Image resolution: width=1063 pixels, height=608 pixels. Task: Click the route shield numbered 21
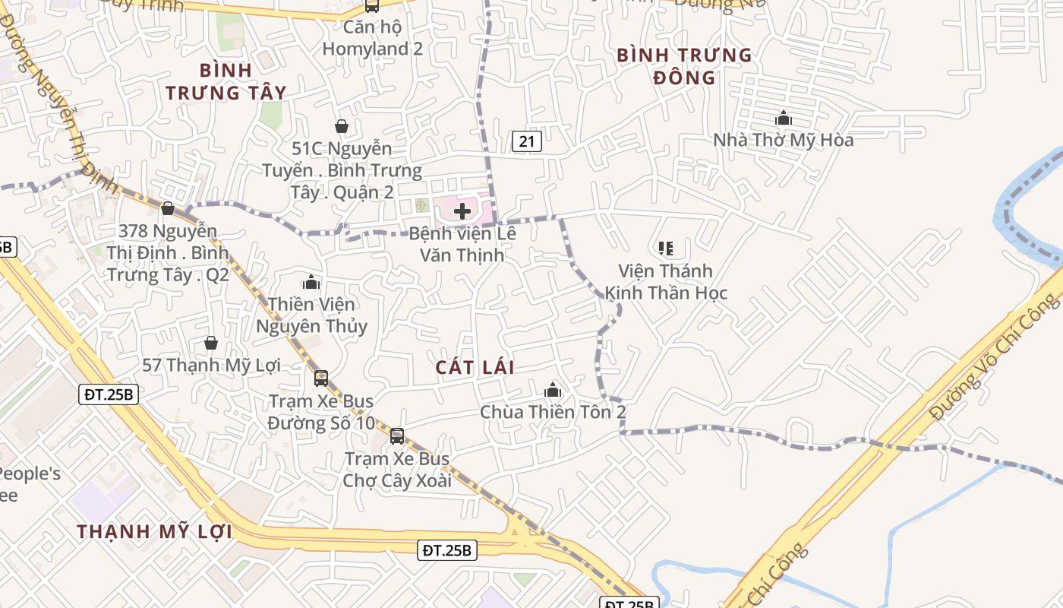(x=527, y=141)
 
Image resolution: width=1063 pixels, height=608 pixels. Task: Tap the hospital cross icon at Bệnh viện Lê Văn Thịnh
(x=462, y=211)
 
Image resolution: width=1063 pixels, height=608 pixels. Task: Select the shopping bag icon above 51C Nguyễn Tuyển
(x=342, y=125)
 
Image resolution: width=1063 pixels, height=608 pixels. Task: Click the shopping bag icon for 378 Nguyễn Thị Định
(x=168, y=207)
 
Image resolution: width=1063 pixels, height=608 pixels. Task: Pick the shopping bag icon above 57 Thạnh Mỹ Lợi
(x=211, y=344)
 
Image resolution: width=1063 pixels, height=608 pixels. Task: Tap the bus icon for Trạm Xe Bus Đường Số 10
(x=321, y=378)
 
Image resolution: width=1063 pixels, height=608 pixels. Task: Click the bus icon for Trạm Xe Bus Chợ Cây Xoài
(x=397, y=436)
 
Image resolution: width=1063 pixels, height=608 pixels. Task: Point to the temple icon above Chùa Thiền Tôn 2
(x=553, y=390)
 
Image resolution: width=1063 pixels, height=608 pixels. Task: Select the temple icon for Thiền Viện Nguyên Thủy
(x=311, y=283)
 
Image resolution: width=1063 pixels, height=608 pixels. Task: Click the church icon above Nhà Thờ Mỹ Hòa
(x=784, y=118)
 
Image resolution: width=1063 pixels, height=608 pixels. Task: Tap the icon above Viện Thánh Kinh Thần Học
(x=666, y=249)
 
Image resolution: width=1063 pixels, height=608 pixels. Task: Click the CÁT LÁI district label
(x=475, y=368)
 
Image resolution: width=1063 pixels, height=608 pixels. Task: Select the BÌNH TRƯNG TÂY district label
(x=226, y=81)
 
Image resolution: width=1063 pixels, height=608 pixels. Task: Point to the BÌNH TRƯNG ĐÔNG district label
(x=684, y=66)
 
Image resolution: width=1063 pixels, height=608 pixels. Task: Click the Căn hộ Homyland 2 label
(x=372, y=38)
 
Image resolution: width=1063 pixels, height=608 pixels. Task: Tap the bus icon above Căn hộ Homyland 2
(x=372, y=6)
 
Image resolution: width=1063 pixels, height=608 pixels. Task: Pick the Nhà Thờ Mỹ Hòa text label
(x=784, y=140)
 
